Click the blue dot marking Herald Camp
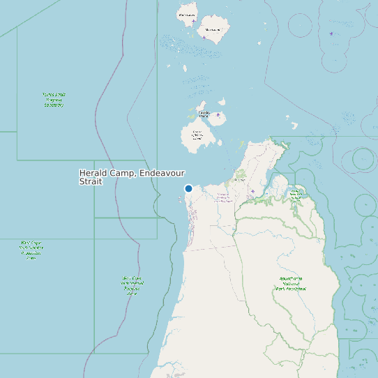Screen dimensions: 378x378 tap(188, 188)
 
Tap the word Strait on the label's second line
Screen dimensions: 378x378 tap(91, 181)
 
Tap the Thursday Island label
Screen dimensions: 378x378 tap(204, 113)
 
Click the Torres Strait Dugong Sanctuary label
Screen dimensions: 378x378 tap(53, 99)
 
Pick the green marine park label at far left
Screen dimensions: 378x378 tap(31, 250)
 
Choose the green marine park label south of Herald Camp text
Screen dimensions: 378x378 tap(132, 285)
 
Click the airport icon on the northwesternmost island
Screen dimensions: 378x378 tap(193, 22)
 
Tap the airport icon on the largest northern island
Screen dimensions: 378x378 tap(204, 37)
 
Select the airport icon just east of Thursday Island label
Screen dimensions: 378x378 tap(218, 114)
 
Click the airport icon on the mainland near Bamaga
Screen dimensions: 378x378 tap(252, 191)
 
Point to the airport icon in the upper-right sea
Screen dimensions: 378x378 tap(331, 33)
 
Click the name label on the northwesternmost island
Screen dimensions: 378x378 tap(186, 15)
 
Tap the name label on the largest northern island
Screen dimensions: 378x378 tap(213, 30)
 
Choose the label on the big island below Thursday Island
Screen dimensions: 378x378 tap(197, 135)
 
